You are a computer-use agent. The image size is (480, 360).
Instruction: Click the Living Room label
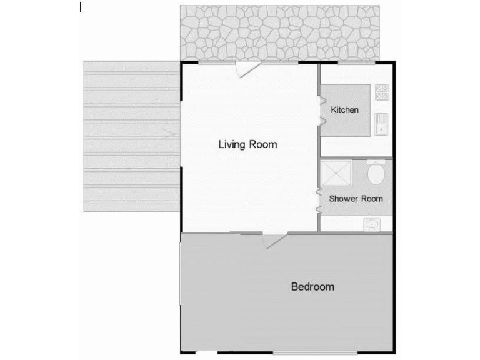coord(247,144)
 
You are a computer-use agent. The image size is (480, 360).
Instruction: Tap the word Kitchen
coord(345,110)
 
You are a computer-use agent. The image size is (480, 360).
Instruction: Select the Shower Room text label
coord(356,199)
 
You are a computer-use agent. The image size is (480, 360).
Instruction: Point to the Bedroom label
coord(312,287)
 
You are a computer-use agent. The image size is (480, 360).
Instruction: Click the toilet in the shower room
coord(376,173)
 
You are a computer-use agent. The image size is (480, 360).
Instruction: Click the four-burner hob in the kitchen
coord(381,92)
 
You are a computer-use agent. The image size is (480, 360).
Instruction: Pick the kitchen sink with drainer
coord(381,124)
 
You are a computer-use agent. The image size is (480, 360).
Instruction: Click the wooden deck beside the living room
coord(131,136)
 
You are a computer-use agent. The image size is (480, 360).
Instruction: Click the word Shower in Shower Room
coord(344,199)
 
